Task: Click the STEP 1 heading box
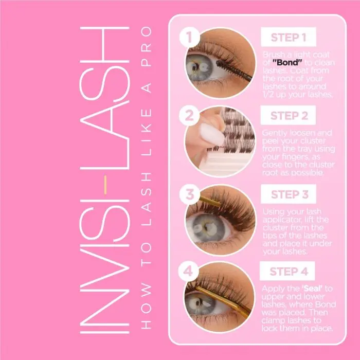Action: click(x=289, y=37)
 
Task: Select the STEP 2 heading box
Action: click(x=288, y=115)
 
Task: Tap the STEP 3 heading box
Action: click(x=289, y=194)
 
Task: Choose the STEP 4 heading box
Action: click(x=287, y=271)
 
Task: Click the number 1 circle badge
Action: click(x=190, y=37)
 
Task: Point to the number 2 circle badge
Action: click(x=189, y=116)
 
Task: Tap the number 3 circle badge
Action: click(x=190, y=194)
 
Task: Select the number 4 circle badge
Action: click(x=189, y=272)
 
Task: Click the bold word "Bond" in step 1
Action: click(x=287, y=62)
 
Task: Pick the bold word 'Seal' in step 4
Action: click(x=312, y=289)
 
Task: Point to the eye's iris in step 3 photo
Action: click(x=207, y=228)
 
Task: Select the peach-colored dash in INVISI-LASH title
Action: click(x=105, y=185)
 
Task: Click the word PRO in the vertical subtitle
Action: click(x=147, y=46)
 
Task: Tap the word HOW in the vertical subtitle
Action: click(x=147, y=307)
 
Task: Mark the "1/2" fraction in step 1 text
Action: click(x=268, y=94)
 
